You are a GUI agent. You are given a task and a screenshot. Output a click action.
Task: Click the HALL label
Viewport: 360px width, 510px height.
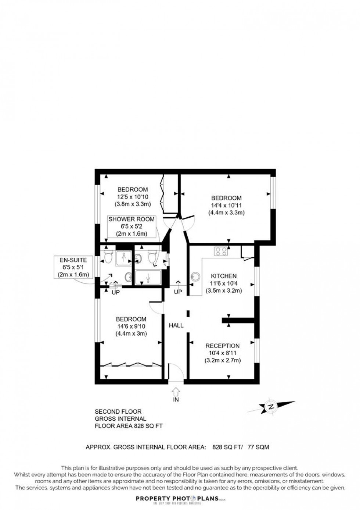pos(176,325)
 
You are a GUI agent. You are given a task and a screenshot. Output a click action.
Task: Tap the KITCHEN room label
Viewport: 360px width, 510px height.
pos(223,276)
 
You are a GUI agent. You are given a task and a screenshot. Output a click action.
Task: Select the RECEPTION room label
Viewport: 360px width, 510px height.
pos(222,346)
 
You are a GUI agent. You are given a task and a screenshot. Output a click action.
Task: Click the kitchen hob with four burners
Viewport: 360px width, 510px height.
pos(221,252)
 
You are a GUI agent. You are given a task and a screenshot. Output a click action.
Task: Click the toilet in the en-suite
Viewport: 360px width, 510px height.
pos(108,258)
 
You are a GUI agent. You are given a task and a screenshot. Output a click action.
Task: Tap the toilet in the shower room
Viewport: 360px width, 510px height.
pos(152,257)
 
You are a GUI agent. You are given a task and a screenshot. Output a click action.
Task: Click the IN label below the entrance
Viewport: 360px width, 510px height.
pos(176,399)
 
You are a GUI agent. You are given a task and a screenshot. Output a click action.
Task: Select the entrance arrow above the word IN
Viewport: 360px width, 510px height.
pos(176,391)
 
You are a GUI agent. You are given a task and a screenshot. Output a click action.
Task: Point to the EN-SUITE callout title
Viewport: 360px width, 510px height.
pos(73,260)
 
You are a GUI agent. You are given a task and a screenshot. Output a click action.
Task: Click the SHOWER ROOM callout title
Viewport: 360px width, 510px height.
pos(132,219)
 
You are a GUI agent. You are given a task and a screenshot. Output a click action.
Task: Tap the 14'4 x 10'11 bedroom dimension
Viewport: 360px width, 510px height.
pos(226,205)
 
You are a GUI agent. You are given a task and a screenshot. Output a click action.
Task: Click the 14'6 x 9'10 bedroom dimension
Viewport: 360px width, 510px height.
pos(131,326)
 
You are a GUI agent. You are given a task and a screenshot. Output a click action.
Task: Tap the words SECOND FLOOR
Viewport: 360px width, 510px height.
pos(118,412)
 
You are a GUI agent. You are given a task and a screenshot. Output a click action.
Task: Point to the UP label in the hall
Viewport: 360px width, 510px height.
pos(178,292)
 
